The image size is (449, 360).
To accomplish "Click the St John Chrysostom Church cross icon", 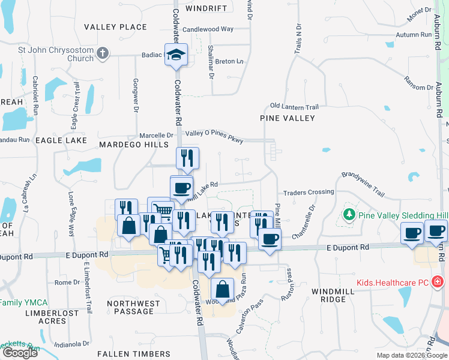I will (x=103, y=53).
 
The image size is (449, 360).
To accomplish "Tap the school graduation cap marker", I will (x=176, y=55).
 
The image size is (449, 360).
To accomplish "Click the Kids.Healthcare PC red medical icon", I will (x=438, y=281).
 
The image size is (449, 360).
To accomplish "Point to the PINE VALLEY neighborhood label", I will (x=288, y=118).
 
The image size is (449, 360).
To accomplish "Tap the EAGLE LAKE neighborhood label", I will (x=59, y=139).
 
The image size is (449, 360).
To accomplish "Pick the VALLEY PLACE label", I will (x=115, y=27).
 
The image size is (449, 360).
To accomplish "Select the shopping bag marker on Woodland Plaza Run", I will (x=222, y=290).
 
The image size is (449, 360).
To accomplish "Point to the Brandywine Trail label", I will (x=363, y=182).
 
